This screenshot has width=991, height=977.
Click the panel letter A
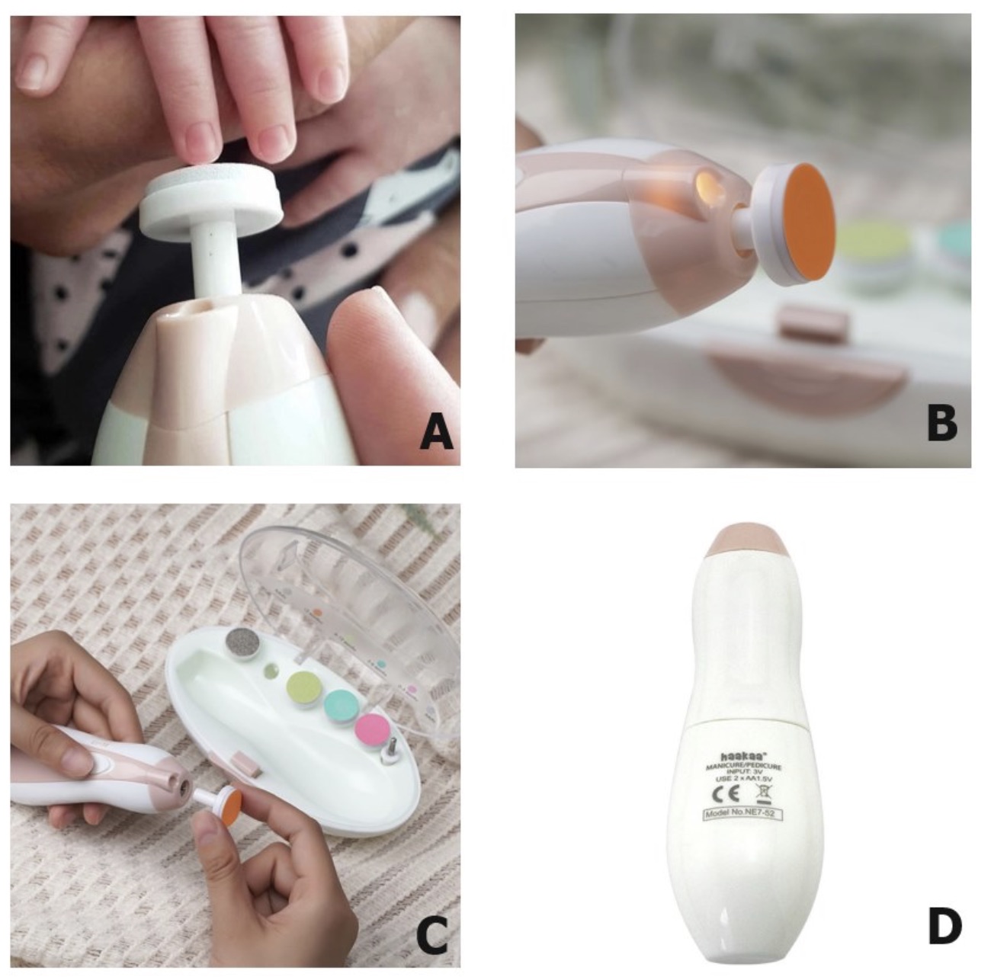[x=436, y=436]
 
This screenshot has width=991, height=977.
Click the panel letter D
[x=944, y=926]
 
